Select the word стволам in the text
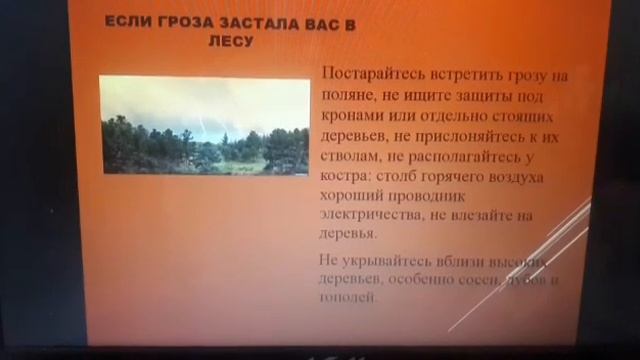[350, 156]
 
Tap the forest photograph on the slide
[205, 125]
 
